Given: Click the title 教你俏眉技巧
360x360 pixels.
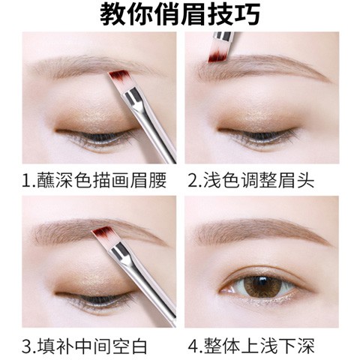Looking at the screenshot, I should (180, 15).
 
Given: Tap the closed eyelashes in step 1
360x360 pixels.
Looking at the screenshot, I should (90, 139).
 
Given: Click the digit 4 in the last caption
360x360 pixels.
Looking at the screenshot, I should (194, 346).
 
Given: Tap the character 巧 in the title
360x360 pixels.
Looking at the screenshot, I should (248, 15).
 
